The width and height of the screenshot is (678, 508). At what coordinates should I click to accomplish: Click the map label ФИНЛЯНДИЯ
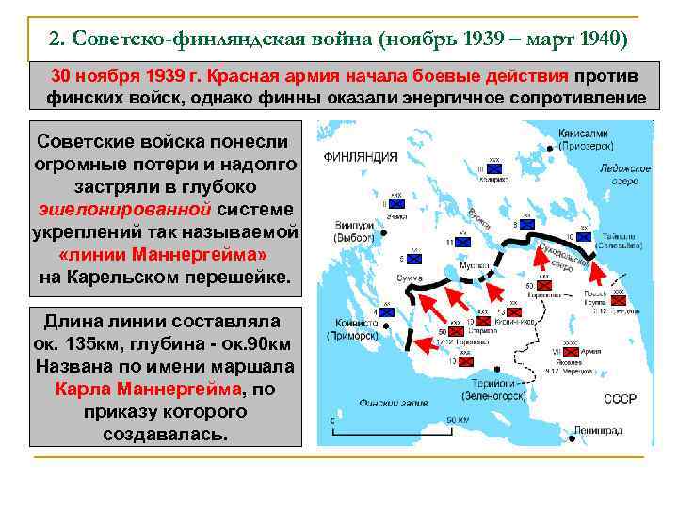click(362, 157)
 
